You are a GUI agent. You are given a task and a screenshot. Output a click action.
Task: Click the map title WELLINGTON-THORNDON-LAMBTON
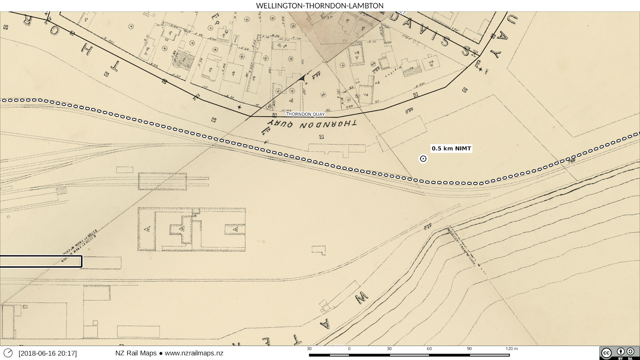point(320,6)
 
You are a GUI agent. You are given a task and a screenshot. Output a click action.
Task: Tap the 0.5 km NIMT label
point(451,148)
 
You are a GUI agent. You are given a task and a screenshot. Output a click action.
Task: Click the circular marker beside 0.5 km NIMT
point(423,159)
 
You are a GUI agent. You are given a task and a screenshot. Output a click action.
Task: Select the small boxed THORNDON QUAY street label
point(305,114)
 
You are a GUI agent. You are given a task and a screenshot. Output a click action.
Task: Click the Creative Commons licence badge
point(619,353)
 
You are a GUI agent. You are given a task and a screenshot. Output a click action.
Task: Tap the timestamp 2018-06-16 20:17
point(48,353)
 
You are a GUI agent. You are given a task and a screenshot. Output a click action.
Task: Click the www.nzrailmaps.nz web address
point(194,353)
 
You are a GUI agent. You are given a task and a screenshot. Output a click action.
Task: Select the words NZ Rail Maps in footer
point(136,353)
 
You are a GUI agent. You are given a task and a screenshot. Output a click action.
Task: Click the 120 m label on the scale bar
point(512,349)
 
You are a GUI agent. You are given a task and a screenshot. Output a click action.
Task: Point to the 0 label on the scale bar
point(349,349)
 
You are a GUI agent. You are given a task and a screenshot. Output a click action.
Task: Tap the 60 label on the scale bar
point(429,349)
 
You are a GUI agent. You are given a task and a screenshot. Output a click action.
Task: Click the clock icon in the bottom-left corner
point(8,353)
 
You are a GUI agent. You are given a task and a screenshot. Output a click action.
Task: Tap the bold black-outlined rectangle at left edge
point(41,262)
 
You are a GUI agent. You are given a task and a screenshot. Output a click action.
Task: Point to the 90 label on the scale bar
point(469,349)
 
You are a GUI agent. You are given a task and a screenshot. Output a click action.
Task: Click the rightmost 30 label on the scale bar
point(389,349)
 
